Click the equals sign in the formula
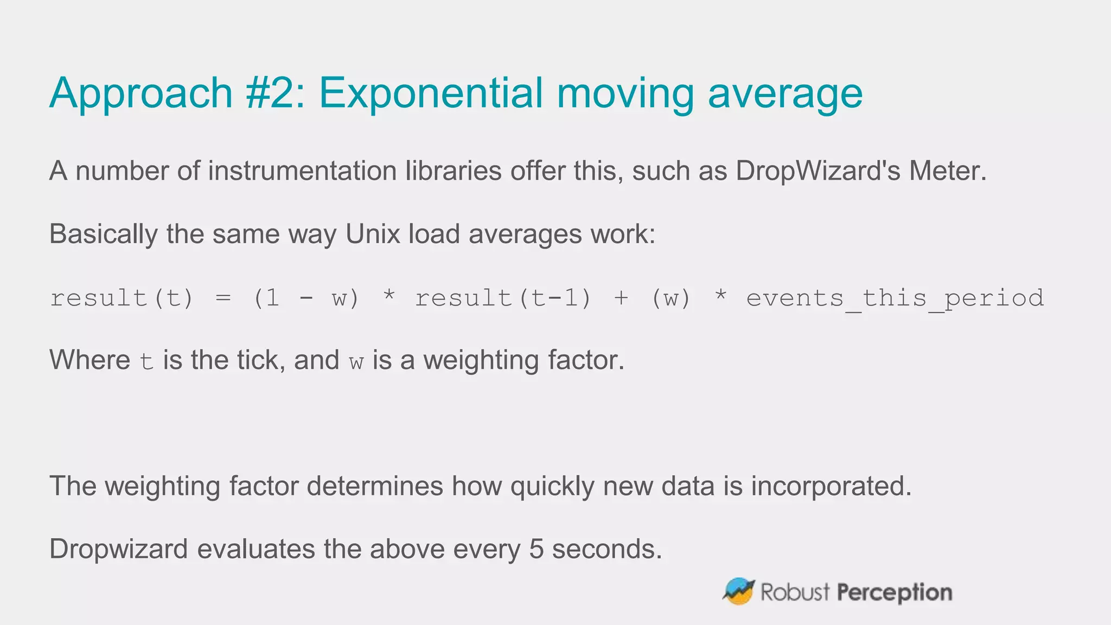pos(223,298)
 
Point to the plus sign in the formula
pos(621,298)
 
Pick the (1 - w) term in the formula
pos(306,298)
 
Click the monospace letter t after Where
pos(146,361)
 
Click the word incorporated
pos(831,486)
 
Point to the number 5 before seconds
pos(536,549)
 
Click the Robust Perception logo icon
pos(739,591)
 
